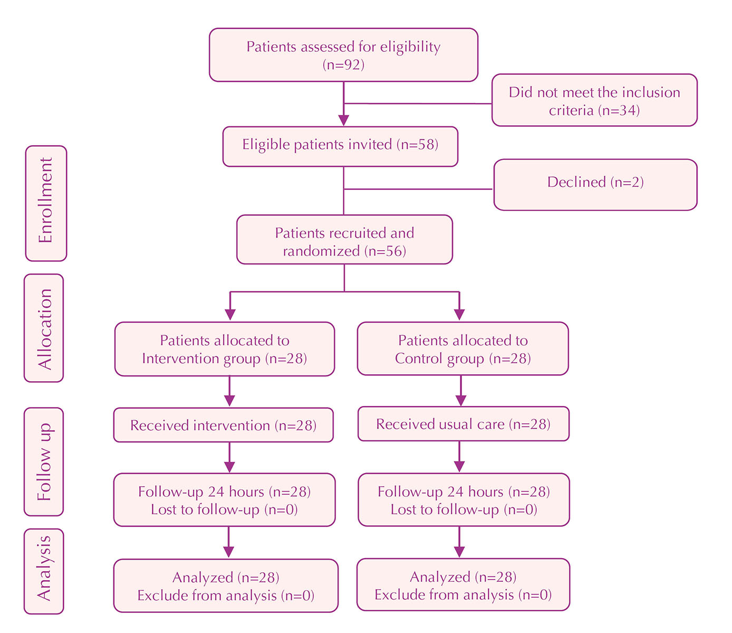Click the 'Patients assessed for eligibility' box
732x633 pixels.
[x=343, y=55]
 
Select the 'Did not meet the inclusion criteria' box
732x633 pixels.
[x=594, y=100]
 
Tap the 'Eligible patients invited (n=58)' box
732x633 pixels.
[x=340, y=146]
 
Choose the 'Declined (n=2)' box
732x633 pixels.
[x=595, y=184]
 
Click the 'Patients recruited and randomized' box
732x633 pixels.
[x=344, y=240]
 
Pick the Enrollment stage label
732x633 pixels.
[x=46, y=203]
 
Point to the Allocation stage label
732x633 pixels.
[x=44, y=328]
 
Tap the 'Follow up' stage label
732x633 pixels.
[x=44, y=461]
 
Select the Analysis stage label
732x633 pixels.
[x=44, y=571]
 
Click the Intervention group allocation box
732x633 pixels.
[x=225, y=349]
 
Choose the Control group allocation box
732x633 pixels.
[x=463, y=349]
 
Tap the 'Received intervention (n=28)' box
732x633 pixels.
[x=223, y=425]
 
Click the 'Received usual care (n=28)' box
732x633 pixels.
[x=463, y=424]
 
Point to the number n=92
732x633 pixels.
[x=343, y=65]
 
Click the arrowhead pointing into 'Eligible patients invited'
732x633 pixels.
[x=344, y=120]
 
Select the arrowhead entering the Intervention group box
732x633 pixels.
[x=230, y=314]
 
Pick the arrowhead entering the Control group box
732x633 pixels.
[x=459, y=314]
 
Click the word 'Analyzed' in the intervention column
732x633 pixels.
[x=203, y=578]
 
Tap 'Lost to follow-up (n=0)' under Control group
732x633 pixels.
[x=464, y=509]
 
